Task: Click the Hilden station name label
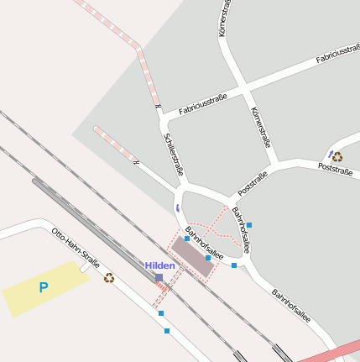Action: (160, 265)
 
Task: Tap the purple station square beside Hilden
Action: (159, 277)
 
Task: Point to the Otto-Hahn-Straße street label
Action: (76, 247)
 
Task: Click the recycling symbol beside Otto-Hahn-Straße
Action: (109, 277)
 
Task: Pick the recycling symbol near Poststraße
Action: (337, 156)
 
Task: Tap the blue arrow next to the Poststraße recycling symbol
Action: (330, 155)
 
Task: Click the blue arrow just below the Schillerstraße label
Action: (177, 206)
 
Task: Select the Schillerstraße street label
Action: (174, 154)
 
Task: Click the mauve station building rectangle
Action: (192, 260)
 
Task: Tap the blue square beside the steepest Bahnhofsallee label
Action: (249, 225)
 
